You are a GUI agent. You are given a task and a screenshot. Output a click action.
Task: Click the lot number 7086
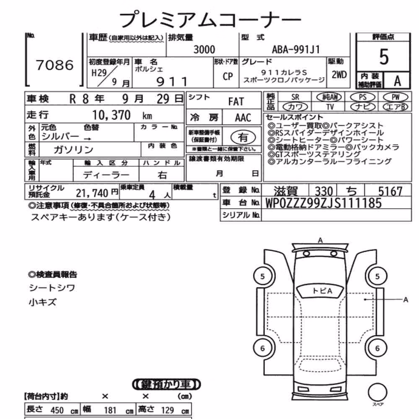point(54,65)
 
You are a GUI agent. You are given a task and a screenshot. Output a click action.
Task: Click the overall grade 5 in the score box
point(384,57)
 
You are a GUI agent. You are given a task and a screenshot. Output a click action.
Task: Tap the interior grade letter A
point(397,81)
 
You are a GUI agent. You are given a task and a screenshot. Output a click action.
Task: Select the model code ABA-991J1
point(296,49)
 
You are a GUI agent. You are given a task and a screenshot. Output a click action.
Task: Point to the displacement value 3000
point(204,50)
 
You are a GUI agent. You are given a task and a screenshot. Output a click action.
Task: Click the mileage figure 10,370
point(111,115)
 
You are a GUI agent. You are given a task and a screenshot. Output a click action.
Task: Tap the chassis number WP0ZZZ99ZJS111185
point(323,203)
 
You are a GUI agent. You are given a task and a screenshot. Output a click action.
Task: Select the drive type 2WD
point(339,75)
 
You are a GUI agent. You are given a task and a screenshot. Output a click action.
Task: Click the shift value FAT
point(236,101)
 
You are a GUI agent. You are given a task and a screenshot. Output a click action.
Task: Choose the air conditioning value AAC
point(243,118)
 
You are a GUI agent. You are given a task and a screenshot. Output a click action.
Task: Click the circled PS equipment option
point(362,97)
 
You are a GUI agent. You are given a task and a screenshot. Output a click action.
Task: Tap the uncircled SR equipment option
point(295,97)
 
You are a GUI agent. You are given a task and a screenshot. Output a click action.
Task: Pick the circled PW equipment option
point(396,97)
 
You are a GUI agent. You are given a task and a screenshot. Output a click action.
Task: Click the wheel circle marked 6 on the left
point(263,348)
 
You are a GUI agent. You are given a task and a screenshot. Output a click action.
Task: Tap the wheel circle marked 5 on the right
point(378,276)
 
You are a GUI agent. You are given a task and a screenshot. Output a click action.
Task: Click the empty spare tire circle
point(378,392)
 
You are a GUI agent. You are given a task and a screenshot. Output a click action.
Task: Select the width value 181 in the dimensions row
point(110,410)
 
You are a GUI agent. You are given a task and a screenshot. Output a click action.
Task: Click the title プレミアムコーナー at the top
point(210,19)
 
